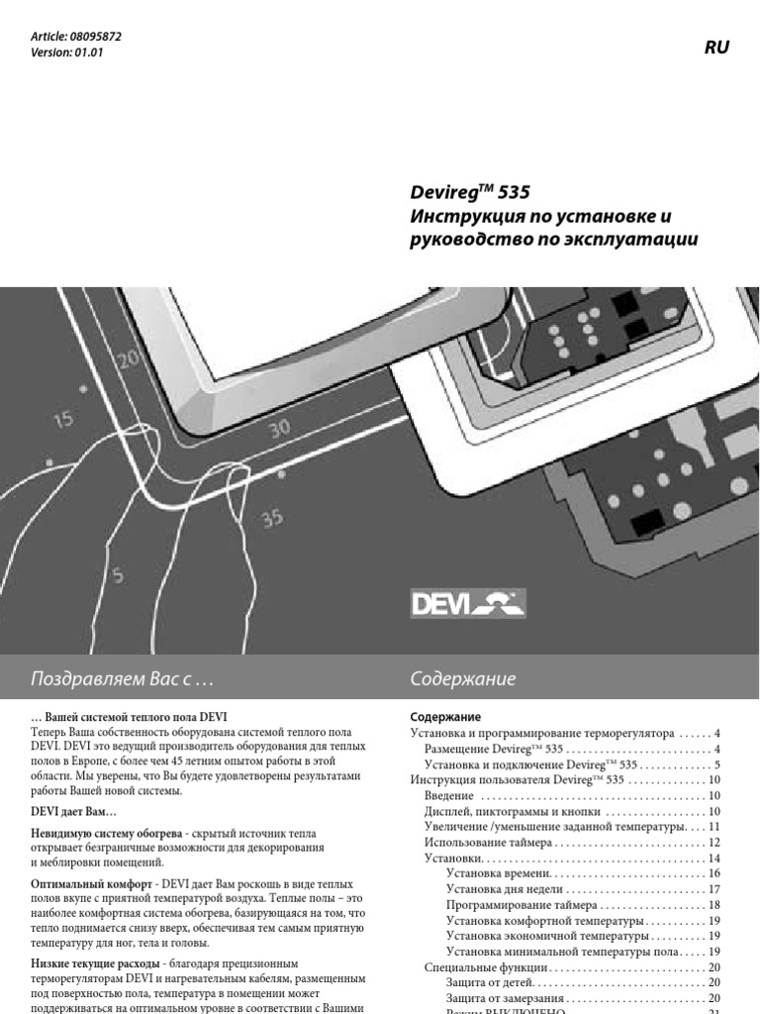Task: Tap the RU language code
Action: pyautogui.click(x=717, y=48)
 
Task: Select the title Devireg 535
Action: pyautogui.click(x=477, y=191)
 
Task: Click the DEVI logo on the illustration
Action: pyautogui.click(x=467, y=603)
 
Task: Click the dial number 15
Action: pyautogui.click(x=62, y=420)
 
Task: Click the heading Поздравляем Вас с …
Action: pyautogui.click(x=123, y=679)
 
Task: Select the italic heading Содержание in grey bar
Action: pyautogui.click(x=462, y=679)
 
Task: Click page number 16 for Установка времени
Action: pyautogui.click(x=713, y=873)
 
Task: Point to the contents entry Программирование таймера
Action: pyautogui.click(x=522, y=905)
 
